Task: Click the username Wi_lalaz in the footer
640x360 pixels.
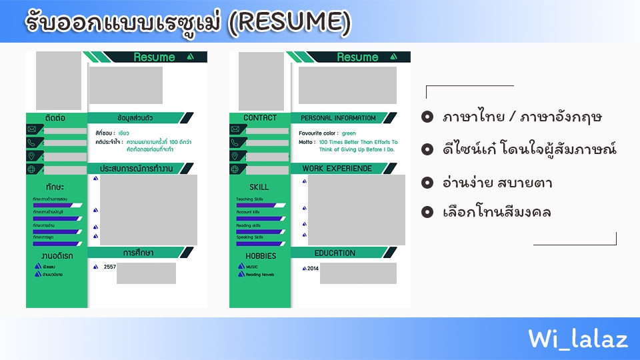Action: [x=578, y=339]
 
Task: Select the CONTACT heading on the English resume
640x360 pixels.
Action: [x=260, y=118]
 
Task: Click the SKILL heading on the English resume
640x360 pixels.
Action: [x=259, y=187]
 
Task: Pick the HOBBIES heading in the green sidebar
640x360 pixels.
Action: [x=260, y=256]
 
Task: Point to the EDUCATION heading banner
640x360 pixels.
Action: [x=335, y=253]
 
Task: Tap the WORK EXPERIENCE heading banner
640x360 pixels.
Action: [x=337, y=169]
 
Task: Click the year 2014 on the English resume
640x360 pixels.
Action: [x=313, y=269]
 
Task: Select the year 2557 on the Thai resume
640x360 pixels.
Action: [x=109, y=267]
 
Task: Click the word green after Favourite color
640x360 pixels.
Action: [x=349, y=133]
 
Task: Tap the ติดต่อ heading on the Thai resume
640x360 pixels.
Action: [x=56, y=118]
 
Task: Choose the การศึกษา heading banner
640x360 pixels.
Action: [x=138, y=253]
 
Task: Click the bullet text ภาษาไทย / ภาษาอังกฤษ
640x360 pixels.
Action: [x=522, y=117]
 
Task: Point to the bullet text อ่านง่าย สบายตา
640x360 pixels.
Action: [x=497, y=182]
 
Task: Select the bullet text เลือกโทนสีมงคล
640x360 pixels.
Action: [x=497, y=213]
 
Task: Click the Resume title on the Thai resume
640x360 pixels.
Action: [x=154, y=57]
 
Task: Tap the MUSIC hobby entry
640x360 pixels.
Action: [x=251, y=267]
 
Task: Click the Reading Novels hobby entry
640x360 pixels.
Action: [x=259, y=275]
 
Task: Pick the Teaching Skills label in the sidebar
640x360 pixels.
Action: [x=250, y=199]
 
